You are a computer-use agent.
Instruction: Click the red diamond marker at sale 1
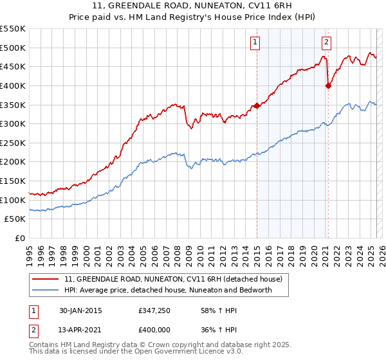[x=257, y=105]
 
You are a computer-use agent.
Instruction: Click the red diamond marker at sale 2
[x=328, y=85]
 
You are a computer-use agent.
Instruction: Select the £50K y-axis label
[x=15, y=219]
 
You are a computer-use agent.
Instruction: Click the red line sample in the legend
[x=46, y=280]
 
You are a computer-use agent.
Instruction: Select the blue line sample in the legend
[x=46, y=290]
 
